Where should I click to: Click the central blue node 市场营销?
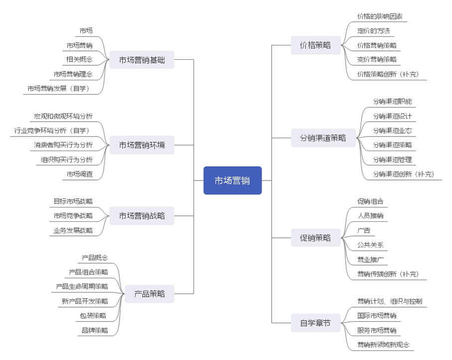pos(232,180)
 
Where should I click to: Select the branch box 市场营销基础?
pos(142,60)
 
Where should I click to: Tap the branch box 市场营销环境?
pos(142,145)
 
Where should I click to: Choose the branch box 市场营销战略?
pos(142,216)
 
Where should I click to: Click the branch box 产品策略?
pos(149,294)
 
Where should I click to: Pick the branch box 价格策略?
pos(315,45)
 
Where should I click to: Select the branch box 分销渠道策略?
pos(323,138)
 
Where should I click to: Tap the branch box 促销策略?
pos(315,238)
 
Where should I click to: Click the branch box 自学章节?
pos(315,323)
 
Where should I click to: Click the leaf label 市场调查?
pos(79,174)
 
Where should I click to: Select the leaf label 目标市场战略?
pos(73,201)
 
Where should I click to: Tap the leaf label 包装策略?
pos(93,316)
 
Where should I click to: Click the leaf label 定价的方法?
pos(373,31)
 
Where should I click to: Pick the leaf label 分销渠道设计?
pos(392,116)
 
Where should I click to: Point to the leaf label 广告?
pos(363,230)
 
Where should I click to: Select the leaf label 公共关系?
pos(370,245)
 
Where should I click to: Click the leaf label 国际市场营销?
pos(376,316)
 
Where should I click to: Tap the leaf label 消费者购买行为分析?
pos(60,145)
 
